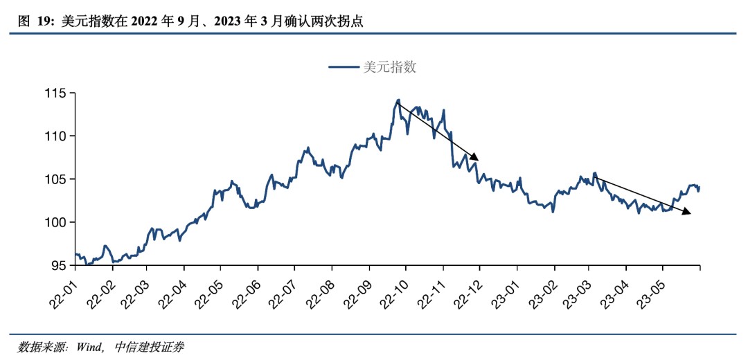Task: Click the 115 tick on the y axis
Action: tap(55, 93)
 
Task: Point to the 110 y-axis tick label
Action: tap(55, 136)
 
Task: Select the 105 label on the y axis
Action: tap(55, 179)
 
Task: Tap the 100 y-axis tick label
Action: tap(55, 222)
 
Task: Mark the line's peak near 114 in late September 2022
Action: tap(398, 100)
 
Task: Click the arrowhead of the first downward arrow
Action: tap(475, 156)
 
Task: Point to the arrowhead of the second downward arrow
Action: tap(686, 212)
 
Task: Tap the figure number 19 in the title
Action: tap(44, 22)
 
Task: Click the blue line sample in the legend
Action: tap(344, 67)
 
